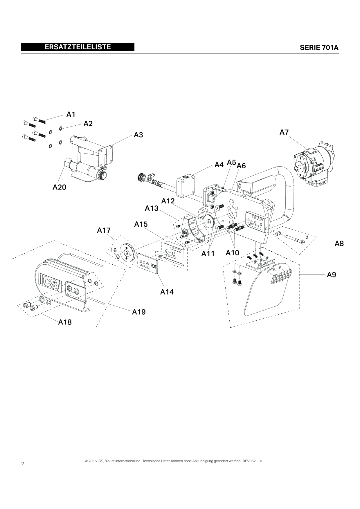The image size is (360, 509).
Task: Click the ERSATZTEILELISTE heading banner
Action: pyautogui.click(x=78, y=47)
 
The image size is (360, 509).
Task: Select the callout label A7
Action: pyautogui.click(x=284, y=132)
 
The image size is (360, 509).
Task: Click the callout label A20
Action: pyautogui.click(x=59, y=187)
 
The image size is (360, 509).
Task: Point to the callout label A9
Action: pyautogui.click(x=331, y=275)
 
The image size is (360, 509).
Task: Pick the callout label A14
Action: pyautogui.click(x=167, y=292)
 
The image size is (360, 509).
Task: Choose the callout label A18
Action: pyautogui.click(x=65, y=322)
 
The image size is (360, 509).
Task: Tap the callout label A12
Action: pyautogui.click(x=168, y=201)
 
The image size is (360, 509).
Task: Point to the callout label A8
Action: pyautogui.click(x=339, y=243)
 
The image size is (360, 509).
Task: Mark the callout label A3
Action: pyautogui.click(x=138, y=135)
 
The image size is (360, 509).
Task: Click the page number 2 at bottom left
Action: pyautogui.click(x=23, y=463)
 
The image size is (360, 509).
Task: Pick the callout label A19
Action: pyautogui.click(x=139, y=312)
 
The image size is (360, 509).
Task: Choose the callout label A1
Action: pyautogui.click(x=71, y=115)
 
